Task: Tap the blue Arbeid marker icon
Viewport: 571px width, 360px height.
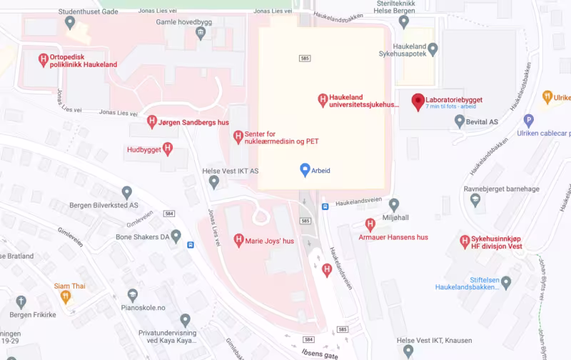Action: (x=305, y=170)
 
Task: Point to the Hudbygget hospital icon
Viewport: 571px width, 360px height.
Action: (x=168, y=149)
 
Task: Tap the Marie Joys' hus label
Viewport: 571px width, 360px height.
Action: (x=269, y=241)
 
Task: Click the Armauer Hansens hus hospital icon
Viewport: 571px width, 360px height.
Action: (x=370, y=224)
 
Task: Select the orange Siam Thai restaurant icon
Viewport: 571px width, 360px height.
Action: (x=66, y=296)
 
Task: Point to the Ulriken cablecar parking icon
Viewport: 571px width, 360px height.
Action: (x=529, y=121)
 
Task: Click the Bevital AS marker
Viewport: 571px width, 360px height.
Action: (x=460, y=121)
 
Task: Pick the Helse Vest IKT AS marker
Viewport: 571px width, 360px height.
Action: (x=213, y=181)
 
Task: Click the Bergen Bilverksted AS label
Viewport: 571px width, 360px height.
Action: (x=103, y=205)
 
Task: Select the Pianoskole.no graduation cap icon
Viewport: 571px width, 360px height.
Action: (x=132, y=296)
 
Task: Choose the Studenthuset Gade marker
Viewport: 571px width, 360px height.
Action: (x=70, y=22)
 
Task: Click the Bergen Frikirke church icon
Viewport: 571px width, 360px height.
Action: (x=22, y=301)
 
